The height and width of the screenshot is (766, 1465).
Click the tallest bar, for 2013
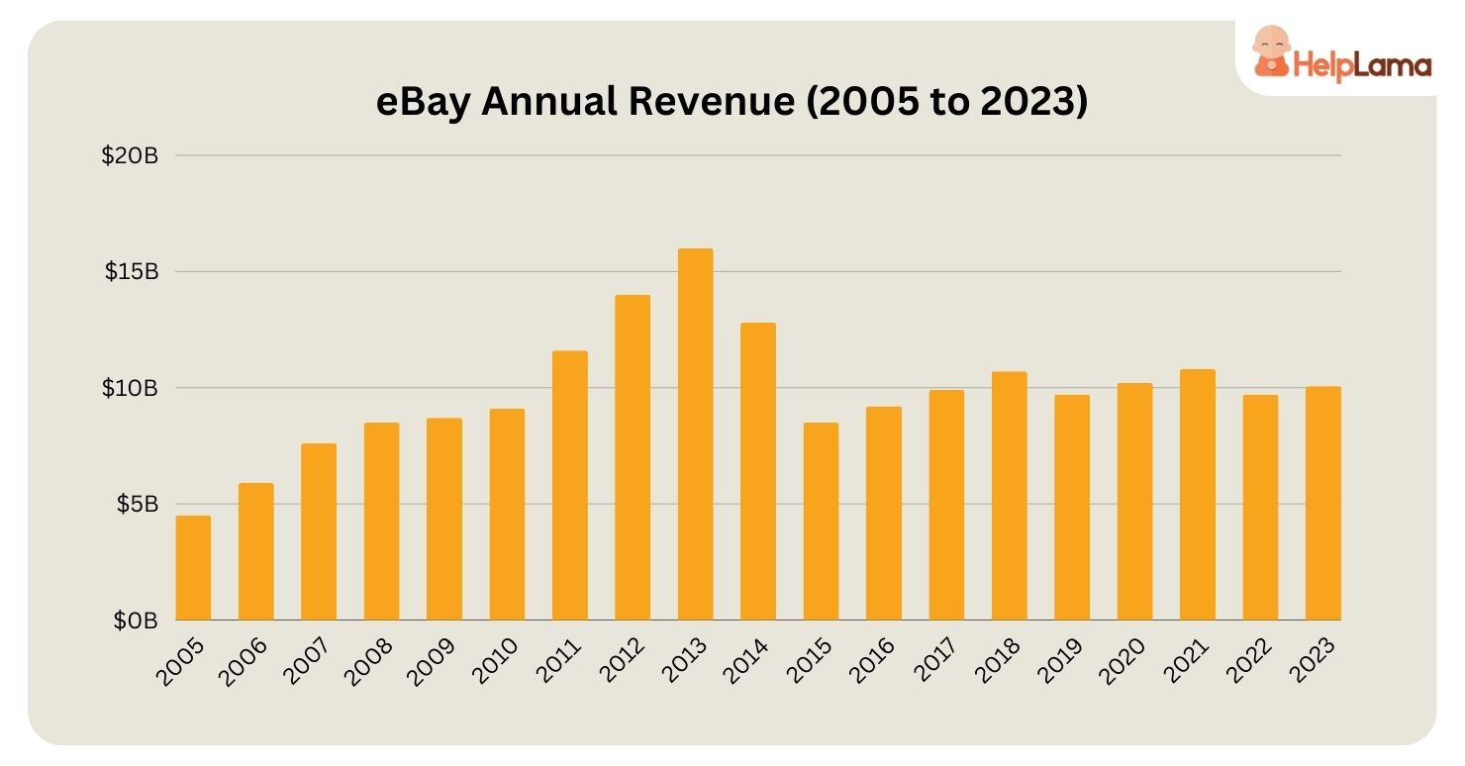pyautogui.click(x=695, y=434)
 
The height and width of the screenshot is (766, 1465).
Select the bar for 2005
pyautogui.click(x=193, y=568)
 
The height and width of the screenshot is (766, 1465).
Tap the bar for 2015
pyautogui.click(x=821, y=522)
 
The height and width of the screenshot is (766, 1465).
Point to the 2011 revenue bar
pyautogui.click(x=569, y=485)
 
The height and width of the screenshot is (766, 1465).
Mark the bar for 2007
pyautogui.click(x=319, y=531)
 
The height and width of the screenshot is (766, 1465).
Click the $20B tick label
pyautogui.click(x=130, y=156)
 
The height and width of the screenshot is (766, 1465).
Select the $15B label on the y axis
pyautogui.click(x=131, y=272)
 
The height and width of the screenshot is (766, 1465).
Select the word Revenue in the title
pyautogui.click(x=702, y=103)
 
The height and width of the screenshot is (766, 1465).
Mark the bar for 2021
pyautogui.click(x=1197, y=495)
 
